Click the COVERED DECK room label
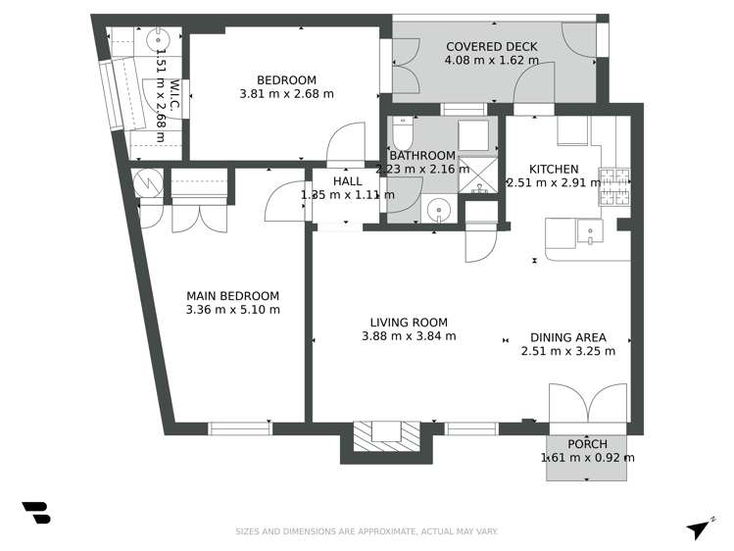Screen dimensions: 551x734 pyautogui.click(x=491, y=46)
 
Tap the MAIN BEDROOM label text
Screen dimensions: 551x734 pyautogui.click(x=232, y=296)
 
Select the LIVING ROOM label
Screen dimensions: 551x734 pyautogui.click(x=409, y=323)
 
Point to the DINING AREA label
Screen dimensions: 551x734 pyautogui.click(x=567, y=337)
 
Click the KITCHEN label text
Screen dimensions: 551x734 pyautogui.click(x=554, y=169)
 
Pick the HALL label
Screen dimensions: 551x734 pyautogui.click(x=347, y=181)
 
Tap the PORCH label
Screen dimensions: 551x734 pyautogui.click(x=587, y=444)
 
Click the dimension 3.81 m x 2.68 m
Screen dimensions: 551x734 pyautogui.click(x=286, y=94)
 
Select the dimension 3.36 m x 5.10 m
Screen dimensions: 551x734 pyautogui.click(x=232, y=310)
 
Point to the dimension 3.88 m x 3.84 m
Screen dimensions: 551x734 pyautogui.click(x=409, y=336)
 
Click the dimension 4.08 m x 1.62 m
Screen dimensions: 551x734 pyautogui.click(x=491, y=60)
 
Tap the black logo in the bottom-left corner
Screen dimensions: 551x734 pyautogui.click(x=35, y=512)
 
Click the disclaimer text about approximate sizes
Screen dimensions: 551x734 pyautogui.click(x=367, y=531)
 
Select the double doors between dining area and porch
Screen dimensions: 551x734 pyautogui.click(x=586, y=403)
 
